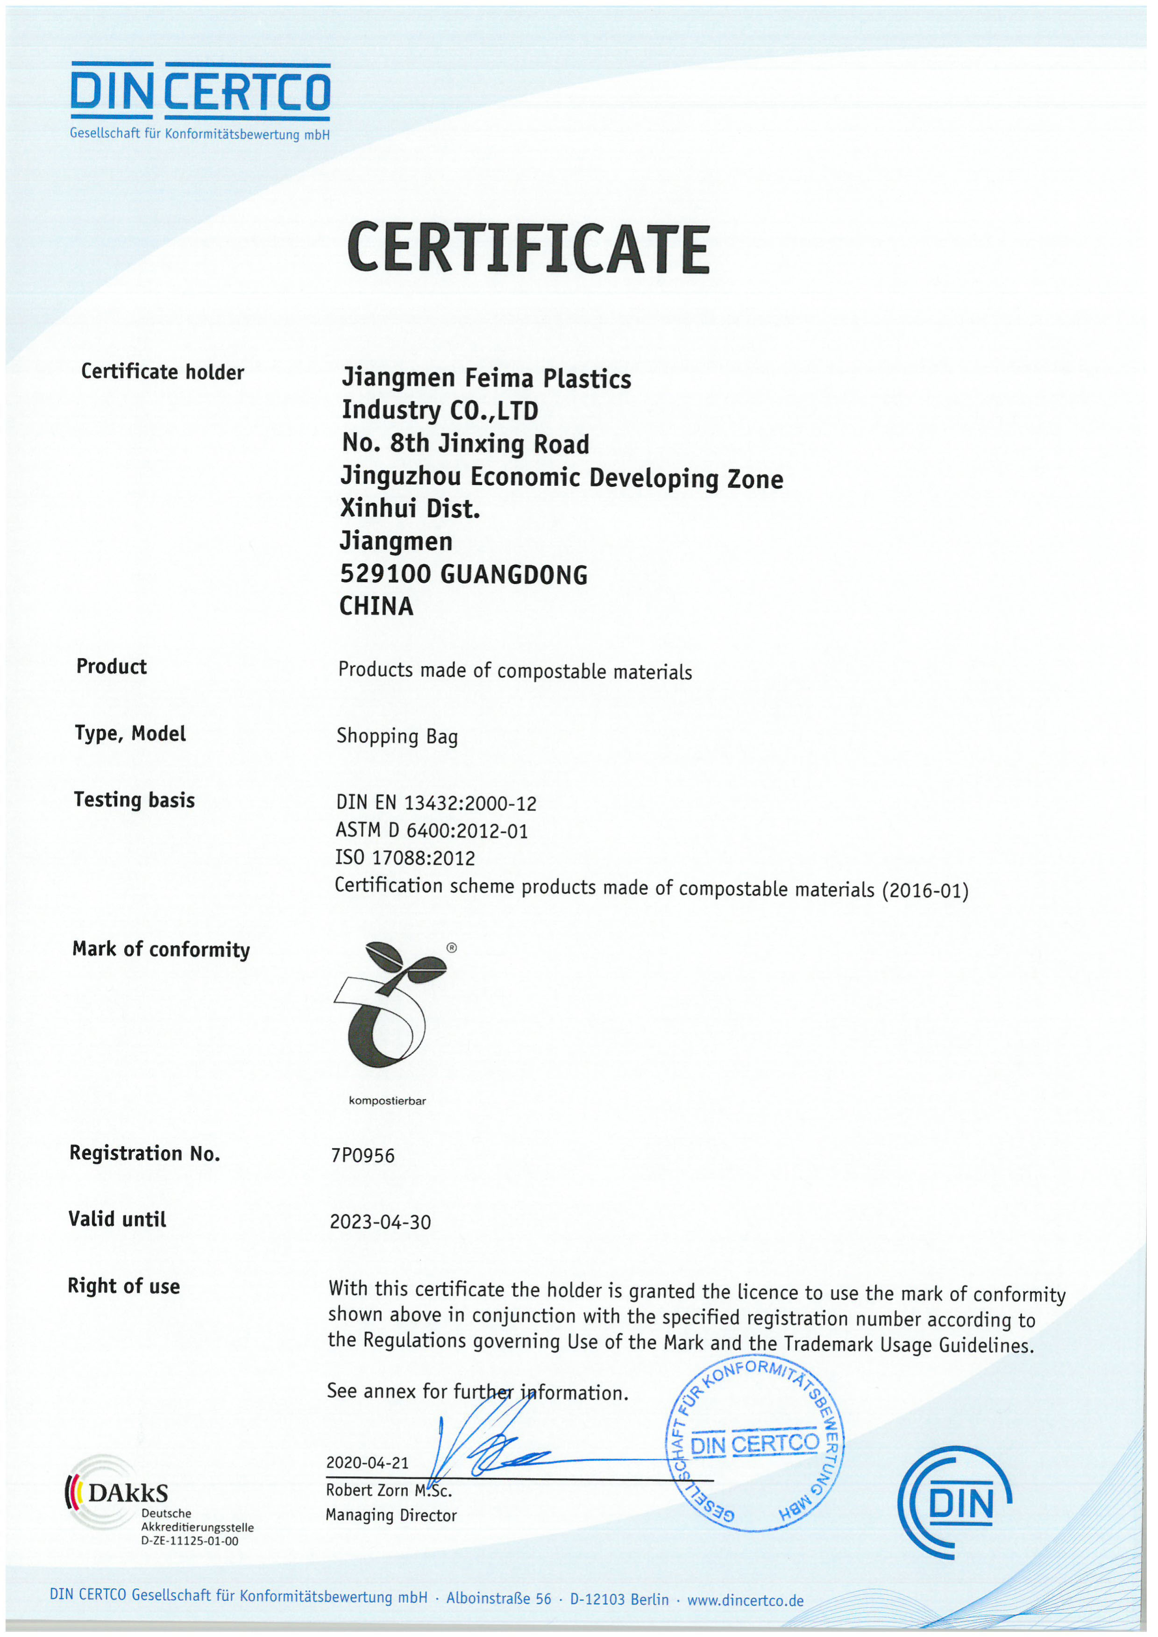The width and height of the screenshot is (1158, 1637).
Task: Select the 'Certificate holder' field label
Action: click(x=163, y=371)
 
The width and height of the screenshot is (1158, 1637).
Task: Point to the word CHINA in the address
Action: click(x=376, y=606)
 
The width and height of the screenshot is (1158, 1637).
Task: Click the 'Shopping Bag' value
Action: click(x=397, y=736)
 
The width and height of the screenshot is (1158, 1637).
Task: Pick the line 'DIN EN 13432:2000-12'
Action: click(x=436, y=803)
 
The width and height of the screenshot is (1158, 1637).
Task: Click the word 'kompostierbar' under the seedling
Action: click(x=387, y=1100)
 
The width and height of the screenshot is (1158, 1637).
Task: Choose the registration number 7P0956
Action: click(x=362, y=1155)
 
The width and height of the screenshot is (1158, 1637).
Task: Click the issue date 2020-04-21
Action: click(x=367, y=1462)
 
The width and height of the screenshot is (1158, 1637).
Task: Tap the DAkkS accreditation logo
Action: click(x=118, y=1492)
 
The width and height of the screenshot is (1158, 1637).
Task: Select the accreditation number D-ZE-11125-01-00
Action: click(x=190, y=1541)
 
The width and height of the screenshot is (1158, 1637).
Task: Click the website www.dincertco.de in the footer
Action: click(x=745, y=1600)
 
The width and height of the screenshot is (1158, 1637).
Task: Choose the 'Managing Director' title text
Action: click(x=391, y=1515)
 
